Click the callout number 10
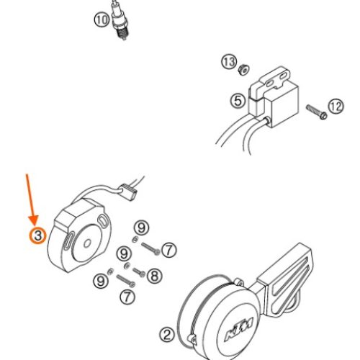point(102,19)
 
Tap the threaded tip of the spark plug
point(123,34)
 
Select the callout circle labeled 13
point(229,62)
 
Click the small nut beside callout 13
point(243,69)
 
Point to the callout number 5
point(238,101)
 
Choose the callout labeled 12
point(336,107)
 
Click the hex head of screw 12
point(323,116)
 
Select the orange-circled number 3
point(37,235)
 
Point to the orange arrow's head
point(34,221)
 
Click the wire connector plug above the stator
point(129,192)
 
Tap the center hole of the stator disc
point(87,243)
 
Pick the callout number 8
point(154,276)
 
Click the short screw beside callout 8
point(139,272)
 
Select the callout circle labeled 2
point(167,335)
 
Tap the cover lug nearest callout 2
point(192,339)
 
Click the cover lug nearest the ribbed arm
point(238,282)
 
